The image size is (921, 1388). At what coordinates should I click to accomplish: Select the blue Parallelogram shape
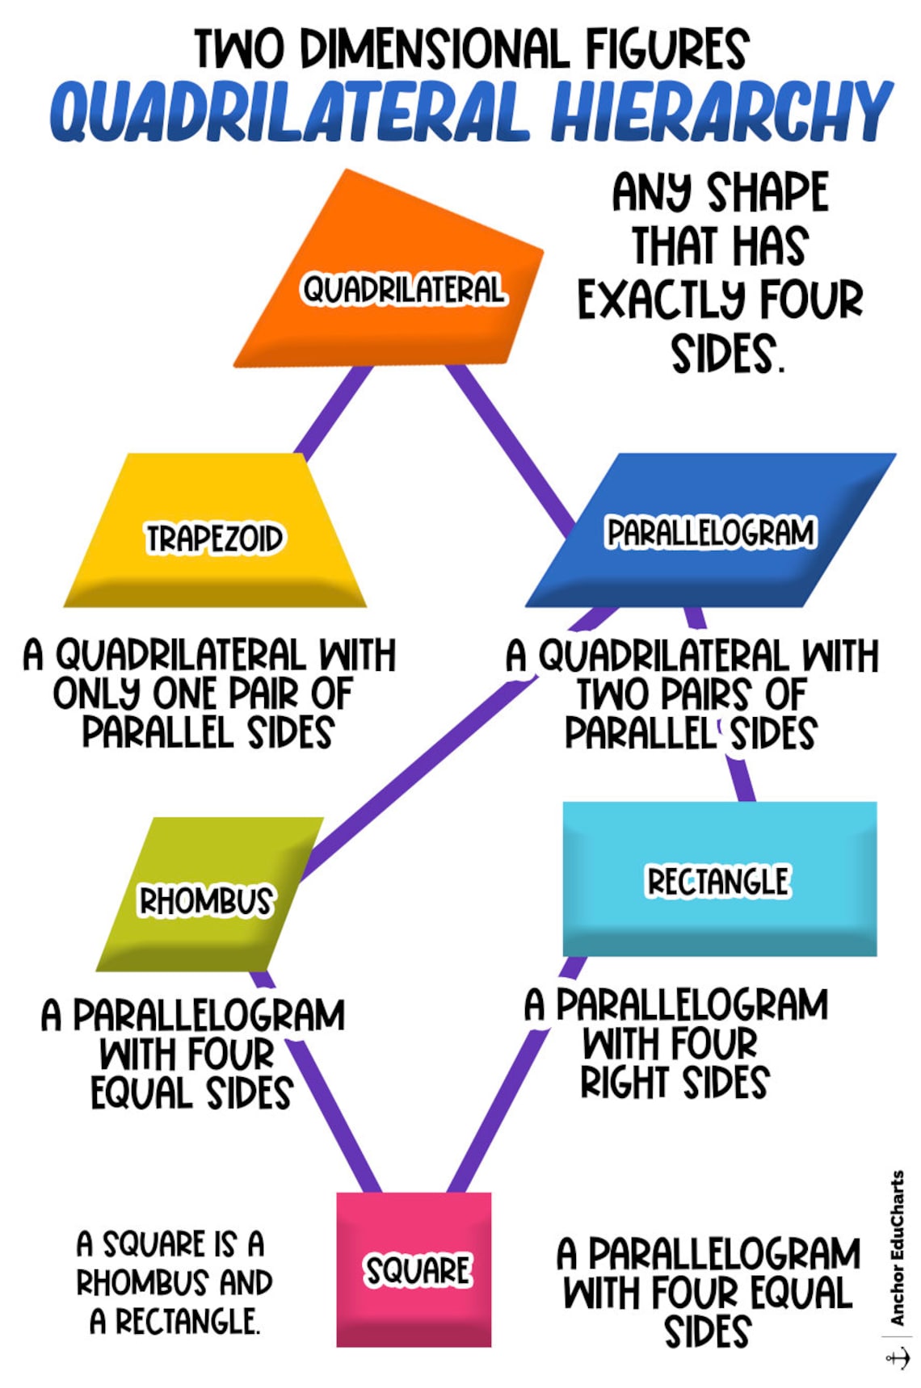coord(711,565)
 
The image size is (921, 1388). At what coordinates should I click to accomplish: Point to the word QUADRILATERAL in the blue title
coord(291,113)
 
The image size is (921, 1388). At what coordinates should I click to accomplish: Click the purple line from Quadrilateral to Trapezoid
coord(331,412)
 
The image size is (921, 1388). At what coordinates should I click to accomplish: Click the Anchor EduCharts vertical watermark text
coord(897,1248)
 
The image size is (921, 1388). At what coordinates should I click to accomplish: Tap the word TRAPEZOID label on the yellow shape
coord(214,539)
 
